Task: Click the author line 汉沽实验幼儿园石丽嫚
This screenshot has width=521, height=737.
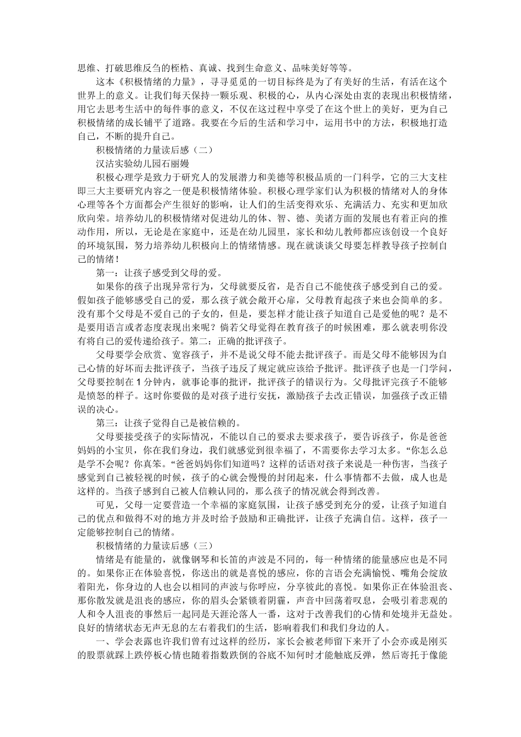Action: pos(143,163)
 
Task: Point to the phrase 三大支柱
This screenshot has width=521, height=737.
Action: pos(428,177)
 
